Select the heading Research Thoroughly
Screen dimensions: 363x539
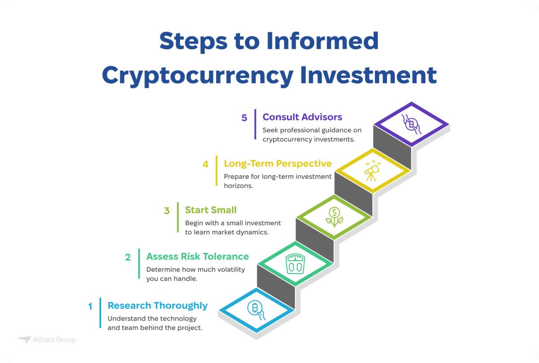coord(157,306)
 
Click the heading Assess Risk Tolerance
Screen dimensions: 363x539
coord(197,257)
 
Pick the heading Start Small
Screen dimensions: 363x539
coord(211,210)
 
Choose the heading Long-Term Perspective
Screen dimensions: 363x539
coord(278,164)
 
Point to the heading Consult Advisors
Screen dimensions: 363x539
coord(302,117)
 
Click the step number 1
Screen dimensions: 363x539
coord(90,306)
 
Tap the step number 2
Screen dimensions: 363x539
coord(128,257)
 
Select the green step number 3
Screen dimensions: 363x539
coord(167,211)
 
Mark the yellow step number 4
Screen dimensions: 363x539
coord(206,164)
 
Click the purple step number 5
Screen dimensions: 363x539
coord(244,118)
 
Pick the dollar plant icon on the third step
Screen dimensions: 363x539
coord(334,217)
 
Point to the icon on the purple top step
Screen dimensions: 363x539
coord(411,123)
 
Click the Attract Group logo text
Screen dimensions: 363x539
coord(54,340)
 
